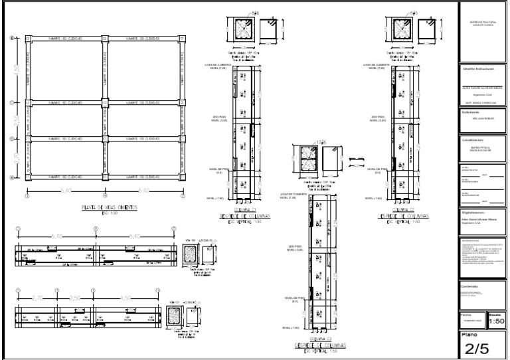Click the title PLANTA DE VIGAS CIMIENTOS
(x=109, y=207)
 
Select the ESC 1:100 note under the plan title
(x=109, y=214)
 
